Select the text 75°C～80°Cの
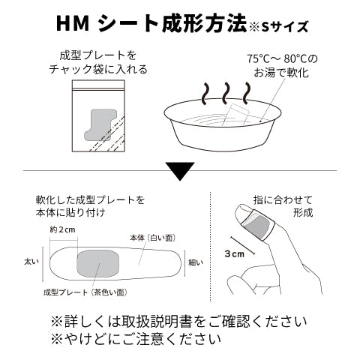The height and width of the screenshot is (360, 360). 281,58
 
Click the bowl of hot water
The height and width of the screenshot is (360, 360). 225,127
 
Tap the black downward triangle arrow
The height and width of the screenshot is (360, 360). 180,172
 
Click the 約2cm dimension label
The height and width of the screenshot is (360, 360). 62,229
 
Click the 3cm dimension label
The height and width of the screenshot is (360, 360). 235,254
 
